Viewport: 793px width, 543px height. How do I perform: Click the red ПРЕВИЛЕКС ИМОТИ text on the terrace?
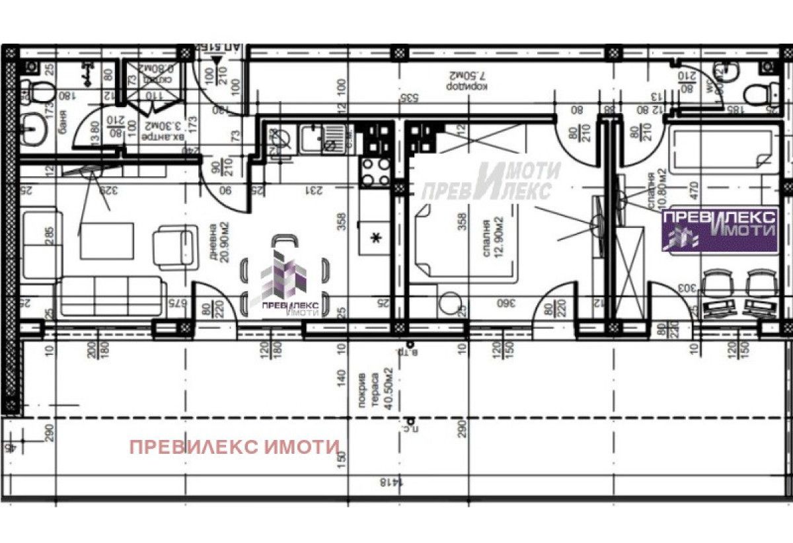click(x=235, y=447)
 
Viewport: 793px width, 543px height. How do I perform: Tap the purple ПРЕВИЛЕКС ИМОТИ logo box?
click(x=720, y=229)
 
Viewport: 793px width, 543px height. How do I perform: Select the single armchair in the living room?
click(x=175, y=246)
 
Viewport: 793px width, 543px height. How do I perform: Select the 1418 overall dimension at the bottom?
click(x=390, y=483)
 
